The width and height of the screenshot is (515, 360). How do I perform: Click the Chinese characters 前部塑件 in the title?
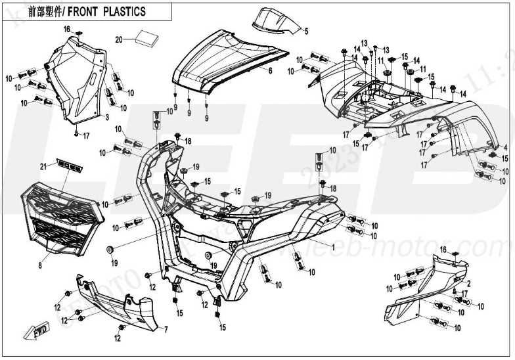[46, 12]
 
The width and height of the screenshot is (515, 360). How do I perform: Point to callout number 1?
[333, 247]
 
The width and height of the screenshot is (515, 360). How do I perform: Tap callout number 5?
[305, 30]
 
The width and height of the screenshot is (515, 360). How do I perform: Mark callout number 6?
[270, 70]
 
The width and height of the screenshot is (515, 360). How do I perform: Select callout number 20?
[119, 39]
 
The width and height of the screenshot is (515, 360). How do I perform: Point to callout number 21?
[44, 165]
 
